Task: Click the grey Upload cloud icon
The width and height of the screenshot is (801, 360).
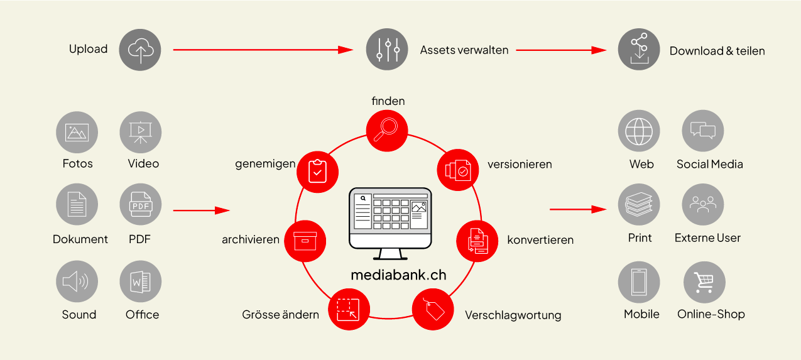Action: click(x=140, y=50)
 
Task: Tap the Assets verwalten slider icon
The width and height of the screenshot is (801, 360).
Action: click(x=387, y=50)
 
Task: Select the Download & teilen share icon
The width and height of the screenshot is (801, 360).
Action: click(x=639, y=50)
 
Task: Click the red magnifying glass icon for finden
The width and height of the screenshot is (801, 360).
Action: click(x=387, y=131)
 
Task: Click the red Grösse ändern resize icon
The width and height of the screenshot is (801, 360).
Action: click(x=348, y=308)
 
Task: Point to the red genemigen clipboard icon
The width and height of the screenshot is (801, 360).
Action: click(x=317, y=170)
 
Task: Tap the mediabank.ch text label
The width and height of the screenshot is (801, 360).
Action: click(x=398, y=275)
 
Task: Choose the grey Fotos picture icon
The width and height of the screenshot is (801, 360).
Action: click(x=77, y=133)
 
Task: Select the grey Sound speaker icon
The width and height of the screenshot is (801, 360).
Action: click(x=77, y=281)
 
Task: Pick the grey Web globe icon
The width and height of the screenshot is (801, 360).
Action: click(x=639, y=131)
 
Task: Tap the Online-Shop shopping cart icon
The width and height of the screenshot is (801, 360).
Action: click(x=704, y=282)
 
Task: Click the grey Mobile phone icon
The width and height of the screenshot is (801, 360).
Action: click(x=639, y=282)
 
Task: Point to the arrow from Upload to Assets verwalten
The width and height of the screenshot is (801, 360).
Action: click(x=263, y=50)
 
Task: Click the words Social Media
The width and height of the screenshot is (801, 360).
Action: click(x=709, y=165)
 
